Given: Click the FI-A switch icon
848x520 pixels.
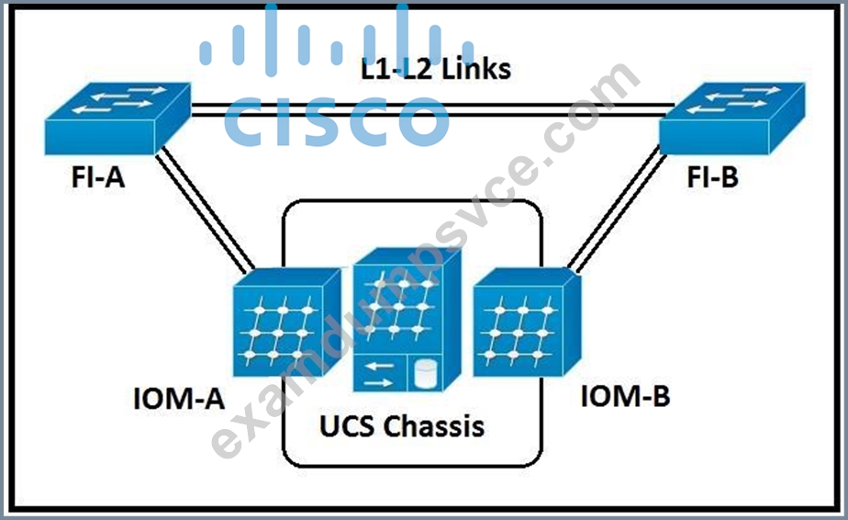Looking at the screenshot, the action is (x=117, y=119).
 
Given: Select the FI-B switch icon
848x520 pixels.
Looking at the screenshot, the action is (x=731, y=119).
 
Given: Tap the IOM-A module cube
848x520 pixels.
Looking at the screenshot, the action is (x=286, y=322).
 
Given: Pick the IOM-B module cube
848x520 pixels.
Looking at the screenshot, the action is (x=528, y=322).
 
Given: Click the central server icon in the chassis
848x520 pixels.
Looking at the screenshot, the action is (x=407, y=320).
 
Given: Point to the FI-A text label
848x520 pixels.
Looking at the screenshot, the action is (x=98, y=177).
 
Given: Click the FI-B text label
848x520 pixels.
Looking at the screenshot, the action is (x=712, y=177).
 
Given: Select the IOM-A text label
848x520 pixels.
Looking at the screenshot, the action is (x=178, y=399).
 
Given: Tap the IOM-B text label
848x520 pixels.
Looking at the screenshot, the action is (x=625, y=396).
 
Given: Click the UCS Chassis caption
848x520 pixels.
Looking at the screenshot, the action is (x=402, y=425).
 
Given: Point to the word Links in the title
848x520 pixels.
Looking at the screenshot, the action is (x=476, y=69).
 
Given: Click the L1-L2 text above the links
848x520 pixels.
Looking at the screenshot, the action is (x=398, y=69).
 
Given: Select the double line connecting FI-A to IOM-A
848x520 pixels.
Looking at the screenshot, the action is (x=206, y=210).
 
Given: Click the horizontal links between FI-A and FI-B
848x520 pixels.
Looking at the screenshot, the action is (x=432, y=110).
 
